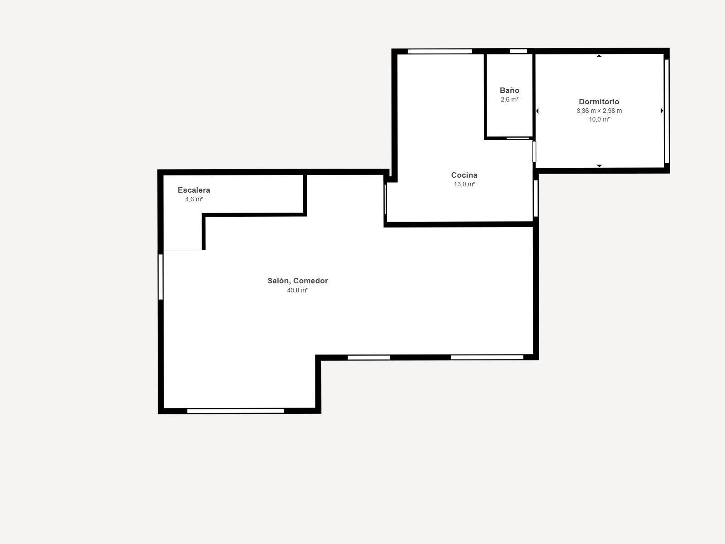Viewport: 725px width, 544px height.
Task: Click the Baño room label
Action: (509, 90)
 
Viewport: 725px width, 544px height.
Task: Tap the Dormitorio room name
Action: (599, 102)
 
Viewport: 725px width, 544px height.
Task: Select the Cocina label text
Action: (464, 175)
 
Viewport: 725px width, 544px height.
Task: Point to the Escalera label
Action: (193, 190)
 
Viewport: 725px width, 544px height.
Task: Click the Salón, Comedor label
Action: (297, 281)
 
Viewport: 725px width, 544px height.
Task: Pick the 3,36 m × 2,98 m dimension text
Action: (599, 111)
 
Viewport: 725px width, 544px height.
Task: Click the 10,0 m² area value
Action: (599, 119)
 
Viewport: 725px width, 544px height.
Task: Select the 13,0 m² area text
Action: (464, 184)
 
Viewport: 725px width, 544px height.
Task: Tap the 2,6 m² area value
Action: (509, 99)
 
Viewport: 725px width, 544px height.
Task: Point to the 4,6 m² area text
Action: (193, 199)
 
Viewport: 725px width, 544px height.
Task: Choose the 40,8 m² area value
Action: (297, 290)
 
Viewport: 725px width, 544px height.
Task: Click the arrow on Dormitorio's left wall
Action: (537, 111)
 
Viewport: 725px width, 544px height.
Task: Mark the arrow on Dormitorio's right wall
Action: (662, 111)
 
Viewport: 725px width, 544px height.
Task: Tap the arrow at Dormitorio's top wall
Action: (599, 56)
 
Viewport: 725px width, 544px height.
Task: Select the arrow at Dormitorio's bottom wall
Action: (599, 165)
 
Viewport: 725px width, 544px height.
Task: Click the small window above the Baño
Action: (518, 51)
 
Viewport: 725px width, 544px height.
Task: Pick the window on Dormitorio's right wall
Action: (667, 111)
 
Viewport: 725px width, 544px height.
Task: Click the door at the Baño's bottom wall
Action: (517, 138)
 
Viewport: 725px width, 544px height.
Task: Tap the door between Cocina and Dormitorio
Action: (534, 151)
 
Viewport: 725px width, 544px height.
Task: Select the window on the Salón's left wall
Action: (160, 277)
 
